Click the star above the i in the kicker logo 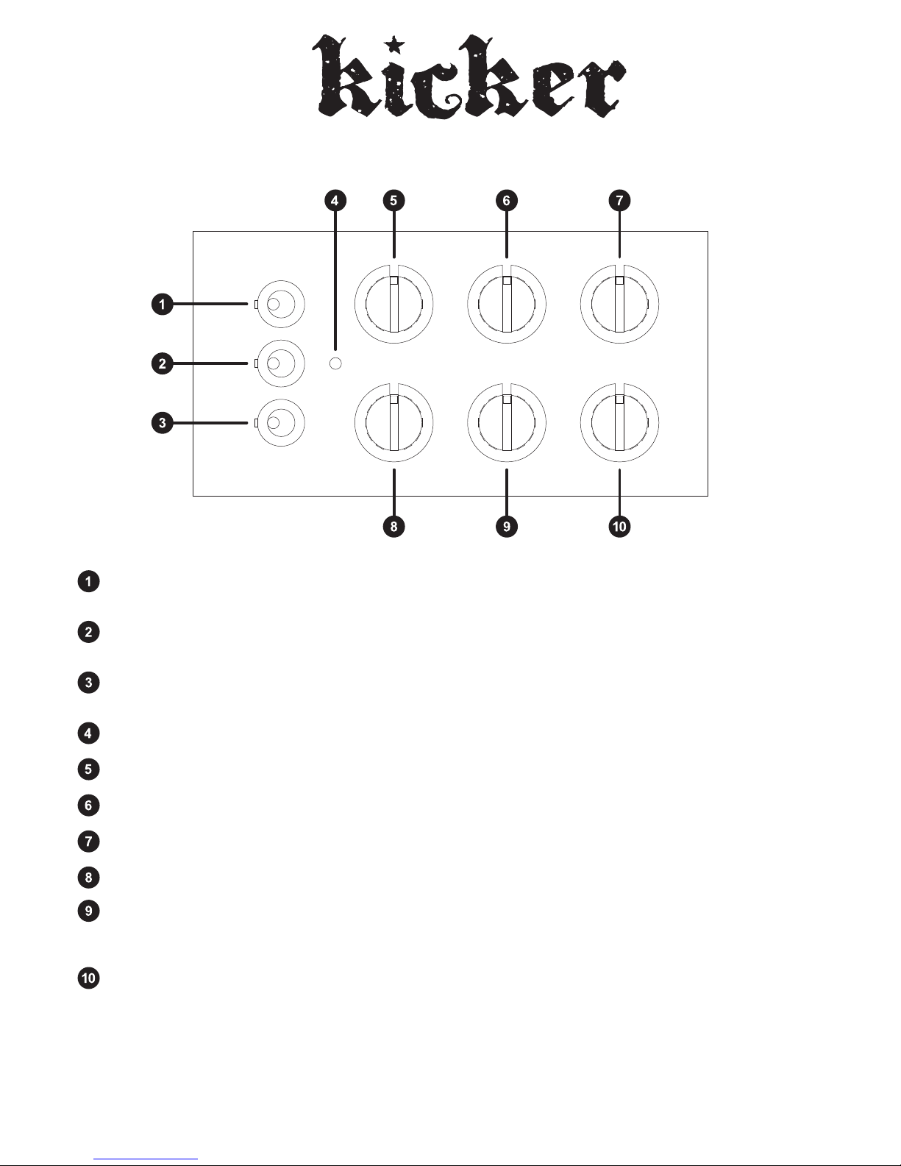point(395,45)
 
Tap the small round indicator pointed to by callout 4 point(335,363)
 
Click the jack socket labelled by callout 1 point(280,305)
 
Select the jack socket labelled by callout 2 point(280,363)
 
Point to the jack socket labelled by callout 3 point(280,423)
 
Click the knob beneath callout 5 point(394,305)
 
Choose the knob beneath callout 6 point(507,305)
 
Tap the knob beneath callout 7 point(619,305)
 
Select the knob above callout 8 point(394,423)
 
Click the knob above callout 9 point(507,423)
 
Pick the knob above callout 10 point(619,423)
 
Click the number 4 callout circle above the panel point(335,201)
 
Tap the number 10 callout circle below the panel point(619,527)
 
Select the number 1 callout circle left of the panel point(163,305)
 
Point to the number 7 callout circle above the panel point(619,201)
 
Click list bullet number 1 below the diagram point(88,582)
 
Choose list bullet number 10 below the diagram point(88,978)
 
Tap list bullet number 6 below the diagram point(88,806)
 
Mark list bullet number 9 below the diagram point(88,911)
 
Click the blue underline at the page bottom point(146,1159)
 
